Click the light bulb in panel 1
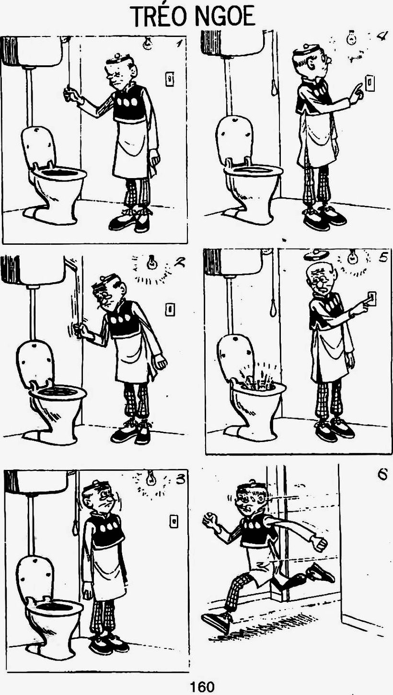148,43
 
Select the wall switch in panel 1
169,79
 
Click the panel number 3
180,479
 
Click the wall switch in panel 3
174,521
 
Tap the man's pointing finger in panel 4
359,87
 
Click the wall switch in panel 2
170,309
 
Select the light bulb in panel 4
351,38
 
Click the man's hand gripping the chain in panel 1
70,94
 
